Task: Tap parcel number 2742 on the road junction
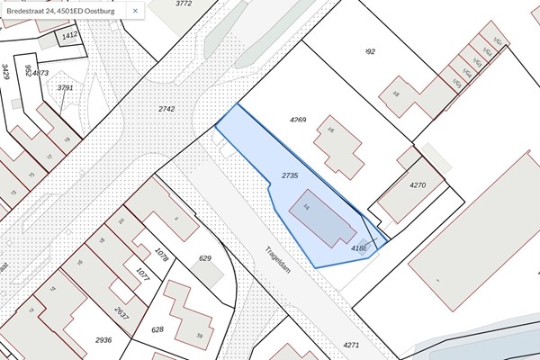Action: (x=166, y=108)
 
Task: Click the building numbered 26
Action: (x=337, y=144)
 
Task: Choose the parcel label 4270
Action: (x=417, y=184)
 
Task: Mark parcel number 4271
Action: (x=351, y=345)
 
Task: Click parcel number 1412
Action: (x=71, y=36)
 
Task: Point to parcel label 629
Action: (x=205, y=258)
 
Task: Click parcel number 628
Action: (x=157, y=329)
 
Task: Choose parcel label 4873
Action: (x=40, y=72)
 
